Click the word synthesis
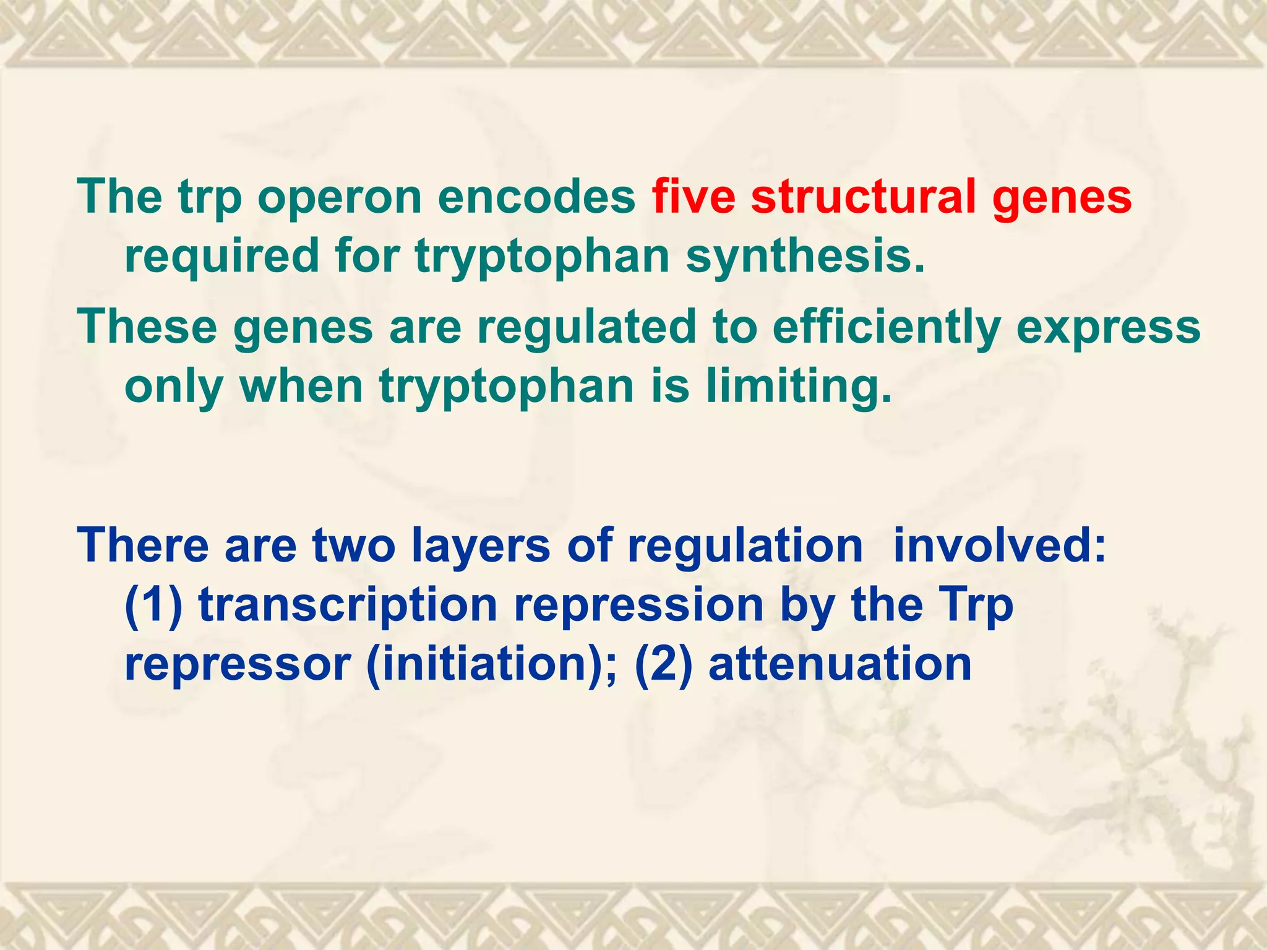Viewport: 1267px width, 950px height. (x=805, y=257)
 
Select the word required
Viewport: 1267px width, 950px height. (x=221, y=257)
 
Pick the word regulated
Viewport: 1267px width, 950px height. (x=586, y=328)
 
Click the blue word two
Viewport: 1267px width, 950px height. (x=353, y=546)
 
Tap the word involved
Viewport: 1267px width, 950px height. (x=999, y=546)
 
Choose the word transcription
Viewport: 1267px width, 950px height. (x=348, y=606)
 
